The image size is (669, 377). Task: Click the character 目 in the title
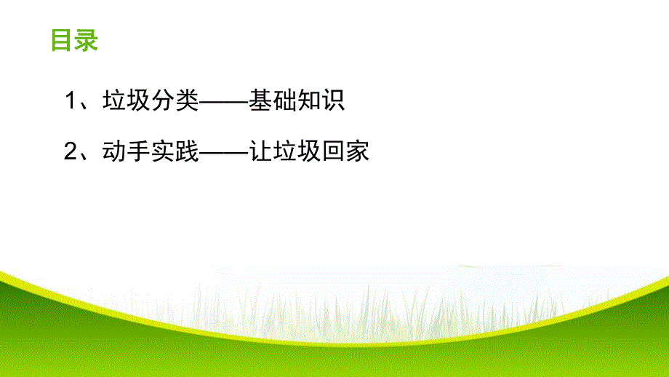click(x=62, y=40)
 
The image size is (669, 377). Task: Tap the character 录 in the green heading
click(x=85, y=40)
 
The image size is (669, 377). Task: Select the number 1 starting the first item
click(x=71, y=101)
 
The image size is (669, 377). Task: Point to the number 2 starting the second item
click(x=71, y=151)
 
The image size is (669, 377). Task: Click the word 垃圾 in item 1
click(x=125, y=101)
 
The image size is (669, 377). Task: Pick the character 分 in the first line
click(x=162, y=101)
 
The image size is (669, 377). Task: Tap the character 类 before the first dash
click(x=186, y=101)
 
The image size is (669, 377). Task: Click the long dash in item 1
click(x=223, y=101)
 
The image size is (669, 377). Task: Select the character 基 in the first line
click(x=260, y=101)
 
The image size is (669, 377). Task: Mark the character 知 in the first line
click(x=308, y=101)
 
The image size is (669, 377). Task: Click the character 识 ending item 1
click(x=333, y=101)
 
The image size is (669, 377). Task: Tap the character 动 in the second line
click(x=113, y=151)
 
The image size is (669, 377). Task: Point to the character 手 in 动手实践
click(x=137, y=151)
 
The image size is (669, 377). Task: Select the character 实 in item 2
click(x=162, y=151)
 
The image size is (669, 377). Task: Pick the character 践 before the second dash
click(x=186, y=151)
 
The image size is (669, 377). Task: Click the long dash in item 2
click(x=223, y=151)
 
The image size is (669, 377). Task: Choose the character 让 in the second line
click(x=260, y=151)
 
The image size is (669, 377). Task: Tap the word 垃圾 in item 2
click(x=296, y=151)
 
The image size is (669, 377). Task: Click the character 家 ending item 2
click(x=357, y=151)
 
